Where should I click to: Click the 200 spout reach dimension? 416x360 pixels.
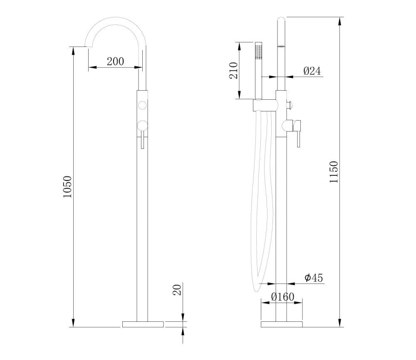(x=115, y=62)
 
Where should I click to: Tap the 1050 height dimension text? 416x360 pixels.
(x=67, y=187)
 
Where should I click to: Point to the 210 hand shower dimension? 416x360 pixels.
(x=233, y=70)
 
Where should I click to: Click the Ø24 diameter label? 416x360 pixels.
(x=312, y=71)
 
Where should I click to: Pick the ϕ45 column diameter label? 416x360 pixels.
(x=314, y=278)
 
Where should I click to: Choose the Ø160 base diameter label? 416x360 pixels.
(x=283, y=297)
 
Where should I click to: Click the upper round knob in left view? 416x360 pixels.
(x=142, y=105)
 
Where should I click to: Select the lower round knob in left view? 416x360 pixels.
(x=142, y=126)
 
